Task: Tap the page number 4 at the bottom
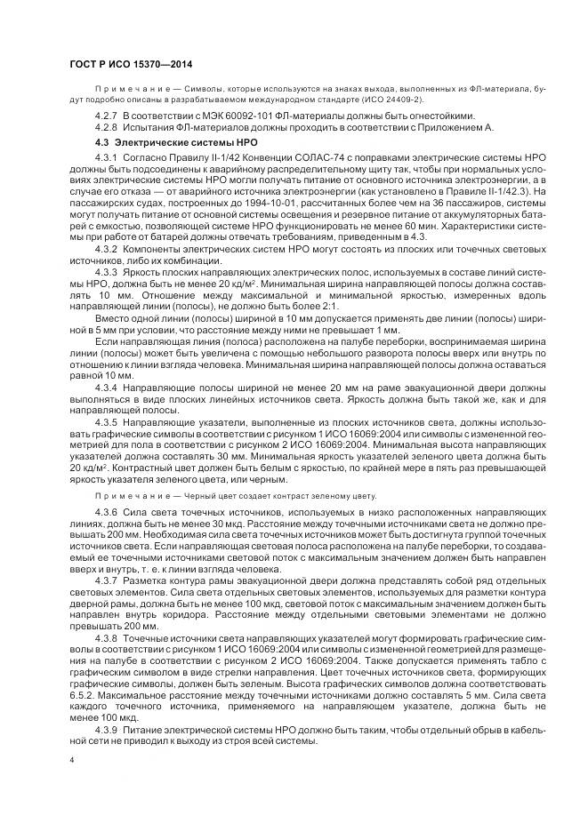click(71, 760)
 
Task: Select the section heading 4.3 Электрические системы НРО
click(170, 141)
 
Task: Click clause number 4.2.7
click(106, 116)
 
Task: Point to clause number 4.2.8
click(106, 128)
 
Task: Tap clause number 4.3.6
click(106, 514)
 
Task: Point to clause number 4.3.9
click(106, 729)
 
